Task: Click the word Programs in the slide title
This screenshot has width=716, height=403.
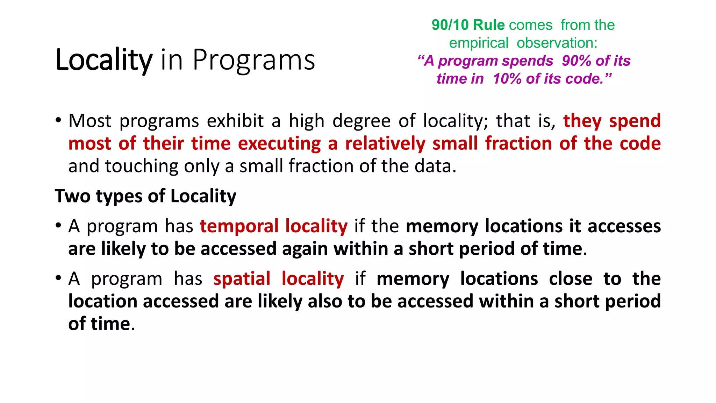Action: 254,60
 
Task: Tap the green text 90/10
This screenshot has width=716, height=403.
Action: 450,25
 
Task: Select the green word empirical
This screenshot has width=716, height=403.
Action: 478,43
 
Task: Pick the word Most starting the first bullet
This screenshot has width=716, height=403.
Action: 90,121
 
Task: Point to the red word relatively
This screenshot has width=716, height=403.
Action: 385,144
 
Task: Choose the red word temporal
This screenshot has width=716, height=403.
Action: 239,226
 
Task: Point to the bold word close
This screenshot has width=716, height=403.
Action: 571,279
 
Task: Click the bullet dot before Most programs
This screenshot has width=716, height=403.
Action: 58,121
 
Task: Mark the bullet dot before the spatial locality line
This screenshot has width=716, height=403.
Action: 58,278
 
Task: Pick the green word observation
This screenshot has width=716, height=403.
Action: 557,43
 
